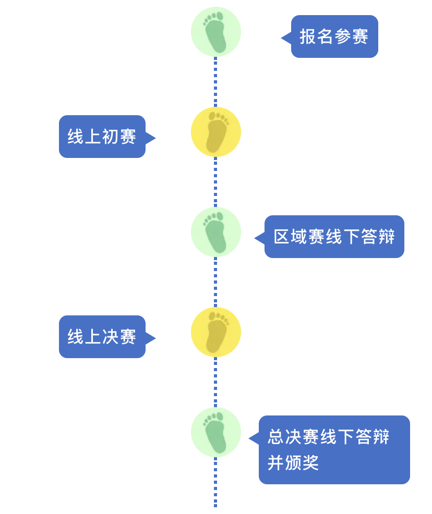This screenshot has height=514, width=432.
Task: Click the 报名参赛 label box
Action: coord(334,36)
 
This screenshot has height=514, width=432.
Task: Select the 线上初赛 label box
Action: coord(102,137)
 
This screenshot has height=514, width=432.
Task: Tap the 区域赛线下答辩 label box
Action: coord(334,237)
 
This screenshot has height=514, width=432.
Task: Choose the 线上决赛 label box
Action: coord(102,337)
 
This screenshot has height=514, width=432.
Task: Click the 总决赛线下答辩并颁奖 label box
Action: coord(334,449)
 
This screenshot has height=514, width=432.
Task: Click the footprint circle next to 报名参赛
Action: coord(216,32)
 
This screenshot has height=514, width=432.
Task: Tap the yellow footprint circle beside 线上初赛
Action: coord(216,132)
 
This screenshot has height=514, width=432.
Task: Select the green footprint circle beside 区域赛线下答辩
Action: coord(216,232)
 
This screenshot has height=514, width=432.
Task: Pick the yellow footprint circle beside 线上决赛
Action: coord(216,332)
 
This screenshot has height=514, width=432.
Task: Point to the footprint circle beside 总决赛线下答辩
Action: coord(216,432)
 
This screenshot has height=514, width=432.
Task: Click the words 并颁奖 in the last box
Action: coord(293,463)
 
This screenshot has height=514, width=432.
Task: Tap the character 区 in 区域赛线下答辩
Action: coord(282,237)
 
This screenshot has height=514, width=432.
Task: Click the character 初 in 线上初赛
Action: coord(111,137)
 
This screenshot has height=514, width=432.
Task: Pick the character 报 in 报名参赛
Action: coord(308,36)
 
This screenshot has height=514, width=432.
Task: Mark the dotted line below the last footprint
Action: coord(215,482)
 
